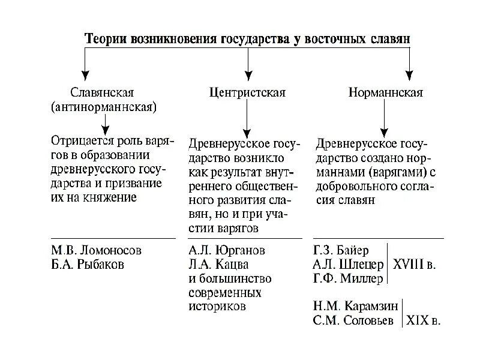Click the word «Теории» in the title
tap(104, 38)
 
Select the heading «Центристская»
tap(247, 93)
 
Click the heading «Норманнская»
tap(386, 93)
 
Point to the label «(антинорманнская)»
tap(104, 108)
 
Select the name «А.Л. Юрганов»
tap(226, 250)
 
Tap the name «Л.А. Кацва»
tap(217, 265)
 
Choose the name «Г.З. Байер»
tap(341, 250)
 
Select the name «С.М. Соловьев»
tap(353, 320)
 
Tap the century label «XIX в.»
tap(423, 320)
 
